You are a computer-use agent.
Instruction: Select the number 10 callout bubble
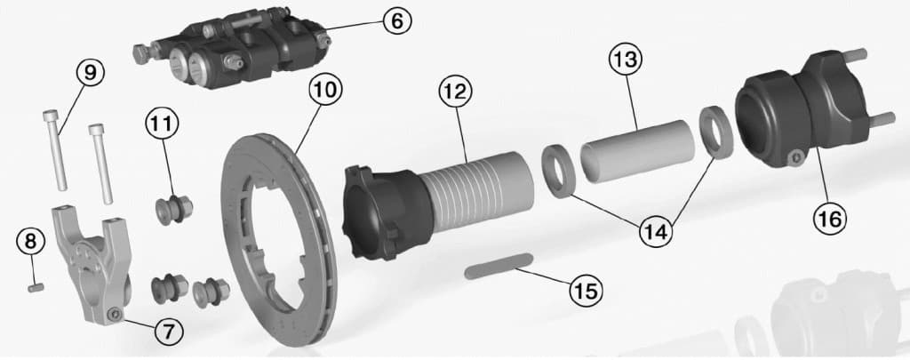click(x=325, y=89)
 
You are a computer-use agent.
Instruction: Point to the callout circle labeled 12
click(x=455, y=90)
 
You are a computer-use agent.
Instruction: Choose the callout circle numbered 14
click(x=656, y=230)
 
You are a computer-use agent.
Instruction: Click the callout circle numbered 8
click(x=31, y=240)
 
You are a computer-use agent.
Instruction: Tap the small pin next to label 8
click(x=36, y=286)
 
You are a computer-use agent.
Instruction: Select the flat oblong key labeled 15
click(x=497, y=268)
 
